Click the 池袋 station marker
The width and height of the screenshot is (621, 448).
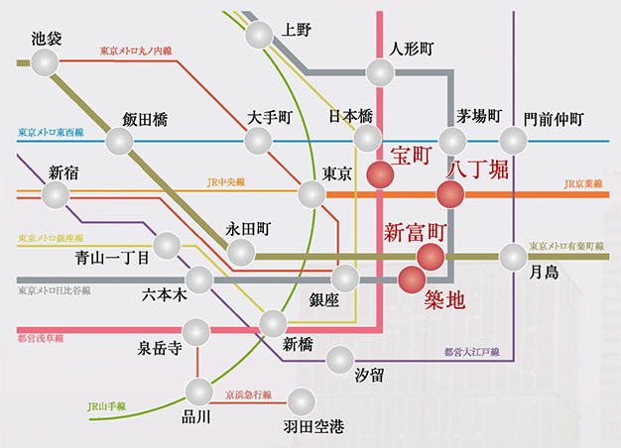tap(46, 62)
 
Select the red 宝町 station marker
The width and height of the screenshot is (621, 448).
tap(381, 174)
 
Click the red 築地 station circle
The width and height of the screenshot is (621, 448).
tap(412, 279)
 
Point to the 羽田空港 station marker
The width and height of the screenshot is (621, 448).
tap(300, 401)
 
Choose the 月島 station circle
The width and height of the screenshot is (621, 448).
tap(513, 257)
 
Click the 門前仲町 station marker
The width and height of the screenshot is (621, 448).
tap(513, 140)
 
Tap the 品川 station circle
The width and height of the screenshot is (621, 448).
tap(199, 392)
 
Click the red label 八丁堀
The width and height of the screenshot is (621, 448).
tap(478, 168)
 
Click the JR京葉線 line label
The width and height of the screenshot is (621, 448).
tap(584, 184)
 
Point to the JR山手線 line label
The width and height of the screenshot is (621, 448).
tap(106, 404)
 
